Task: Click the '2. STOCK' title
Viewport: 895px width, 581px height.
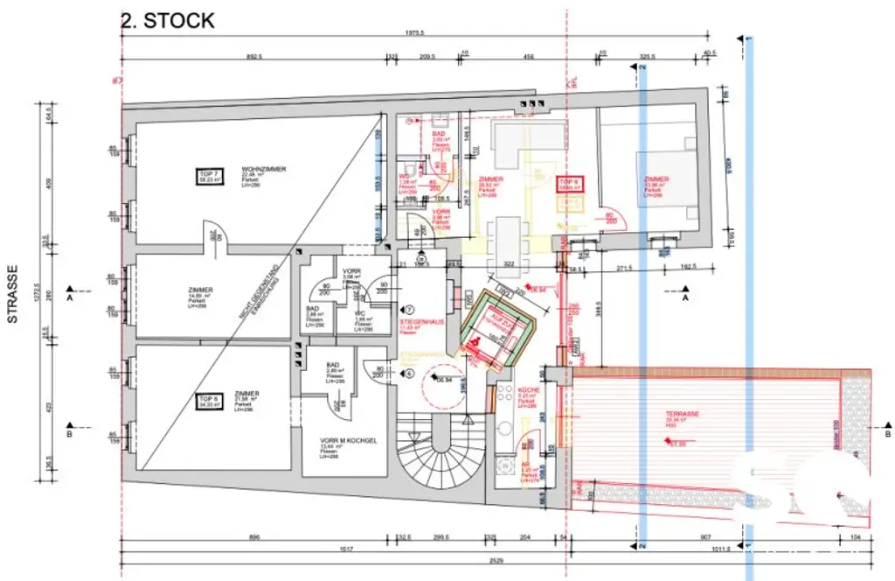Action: (x=167, y=21)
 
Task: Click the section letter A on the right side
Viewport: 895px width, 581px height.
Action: (x=685, y=298)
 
